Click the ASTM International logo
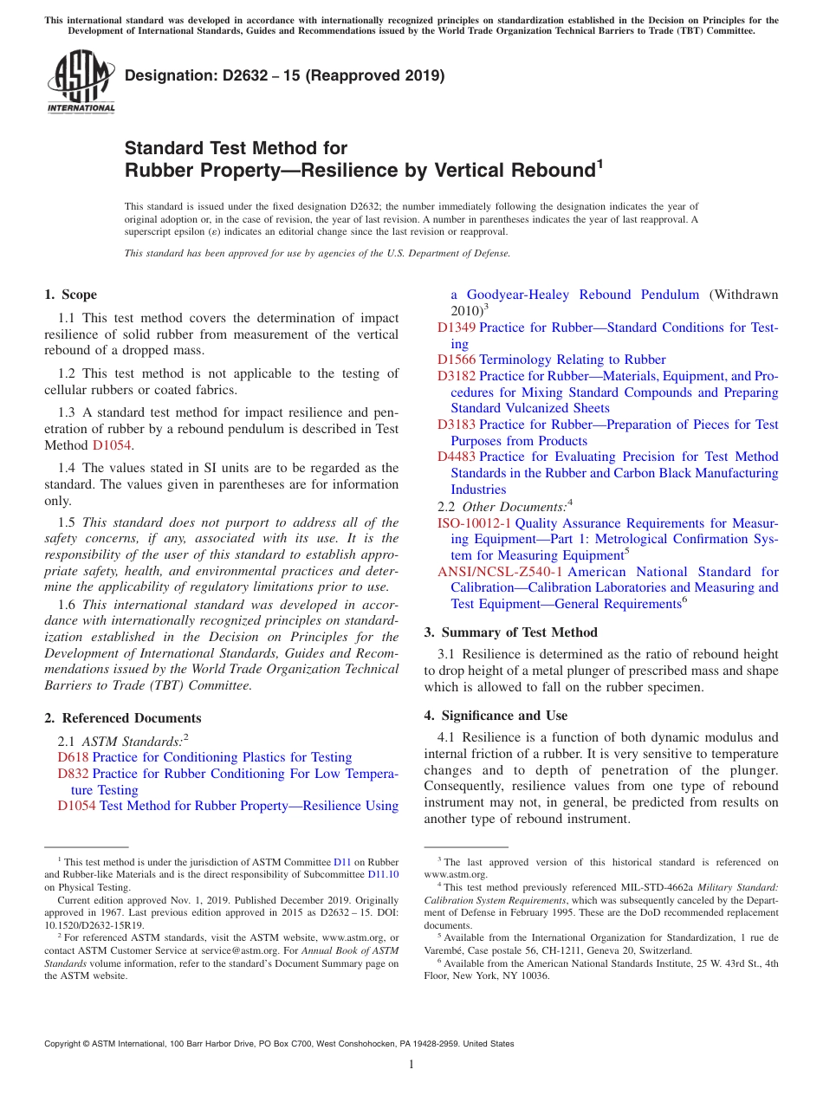tap(81, 81)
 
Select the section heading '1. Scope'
tap(70, 295)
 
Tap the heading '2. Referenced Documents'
tap(122, 718)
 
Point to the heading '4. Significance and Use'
tap(496, 716)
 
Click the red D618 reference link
tap(73, 757)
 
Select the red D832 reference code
tap(73, 774)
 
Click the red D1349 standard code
tap(456, 327)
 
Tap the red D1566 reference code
tap(456, 360)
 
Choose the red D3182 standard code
tap(456, 376)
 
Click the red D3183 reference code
tap(456, 425)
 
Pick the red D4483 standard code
tap(456, 457)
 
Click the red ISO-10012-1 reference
tap(474, 523)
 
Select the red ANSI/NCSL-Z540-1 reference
tap(500, 572)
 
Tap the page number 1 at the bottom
tap(411, 1065)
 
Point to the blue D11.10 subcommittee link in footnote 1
tap(383, 874)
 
